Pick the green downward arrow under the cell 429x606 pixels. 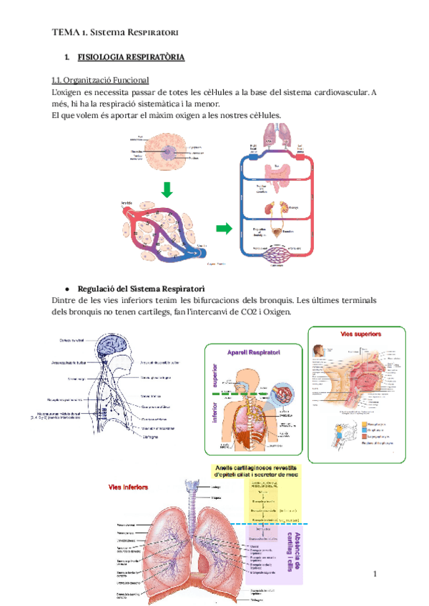166,189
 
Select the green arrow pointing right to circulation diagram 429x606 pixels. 225,229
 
